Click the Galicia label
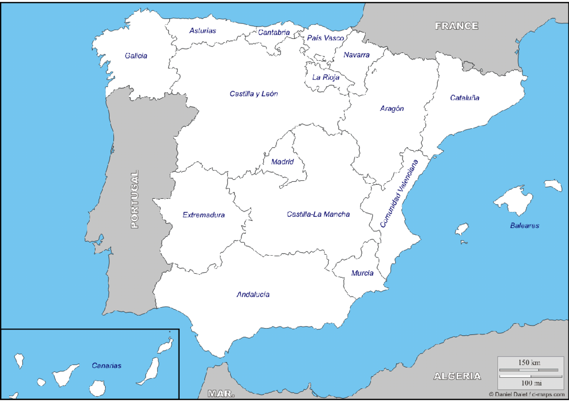click(136, 56)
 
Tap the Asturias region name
click(202, 31)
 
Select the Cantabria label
click(274, 33)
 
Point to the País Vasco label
click(325, 38)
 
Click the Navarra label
click(357, 55)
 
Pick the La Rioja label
click(326, 77)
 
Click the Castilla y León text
click(254, 94)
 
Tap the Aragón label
click(392, 108)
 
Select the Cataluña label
click(465, 98)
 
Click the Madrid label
click(283, 162)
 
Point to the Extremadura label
click(204, 215)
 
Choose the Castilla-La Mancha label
click(318, 214)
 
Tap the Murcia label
click(362, 273)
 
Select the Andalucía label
click(253, 295)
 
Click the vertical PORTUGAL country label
click(135, 199)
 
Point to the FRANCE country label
click(457, 26)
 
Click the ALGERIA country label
click(457, 376)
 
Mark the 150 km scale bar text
click(529, 363)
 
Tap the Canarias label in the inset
click(107, 366)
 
